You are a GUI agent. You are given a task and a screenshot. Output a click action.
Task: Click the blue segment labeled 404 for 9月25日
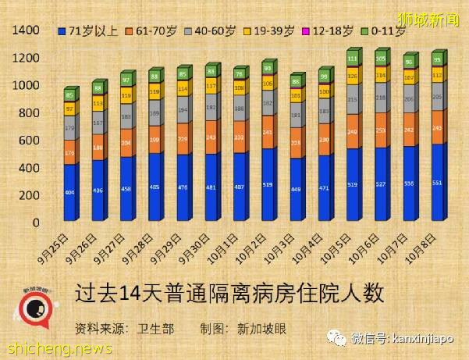click(x=69, y=191)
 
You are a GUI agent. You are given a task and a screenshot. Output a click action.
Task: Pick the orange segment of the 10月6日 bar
click(x=381, y=130)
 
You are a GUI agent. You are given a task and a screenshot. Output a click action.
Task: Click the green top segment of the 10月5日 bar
click(x=353, y=59)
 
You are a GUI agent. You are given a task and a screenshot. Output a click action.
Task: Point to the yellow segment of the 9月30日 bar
click(x=211, y=86)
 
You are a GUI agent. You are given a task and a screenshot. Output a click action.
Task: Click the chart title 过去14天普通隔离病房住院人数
click(x=229, y=294)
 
